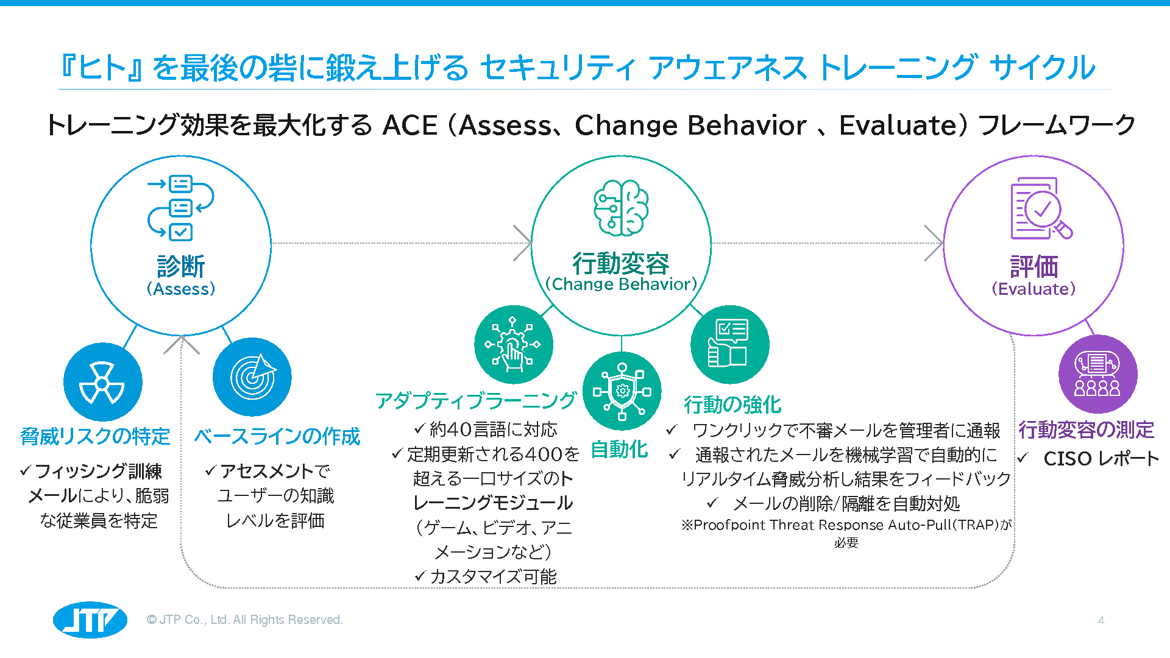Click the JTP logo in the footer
click(90, 620)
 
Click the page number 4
click(1101, 621)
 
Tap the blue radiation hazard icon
click(102, 382)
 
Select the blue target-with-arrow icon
click(252, 377)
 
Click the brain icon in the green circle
click(621, 208)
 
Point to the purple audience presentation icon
click(1097, 374)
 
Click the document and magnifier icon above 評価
click(1041, 208)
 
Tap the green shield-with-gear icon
click(622, 391)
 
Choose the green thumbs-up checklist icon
click(729, 344)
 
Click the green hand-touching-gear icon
click(513, 344)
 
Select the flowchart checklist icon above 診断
click(180, 208)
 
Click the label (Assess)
click(181, 289)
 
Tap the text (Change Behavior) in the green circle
click(621, 284)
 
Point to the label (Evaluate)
click(1033, 289)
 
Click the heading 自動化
click(619, 449)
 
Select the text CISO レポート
click(1101, 458)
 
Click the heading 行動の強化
click(732, 404)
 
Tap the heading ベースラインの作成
click(277, 436)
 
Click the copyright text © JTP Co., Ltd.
click(245, 620)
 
